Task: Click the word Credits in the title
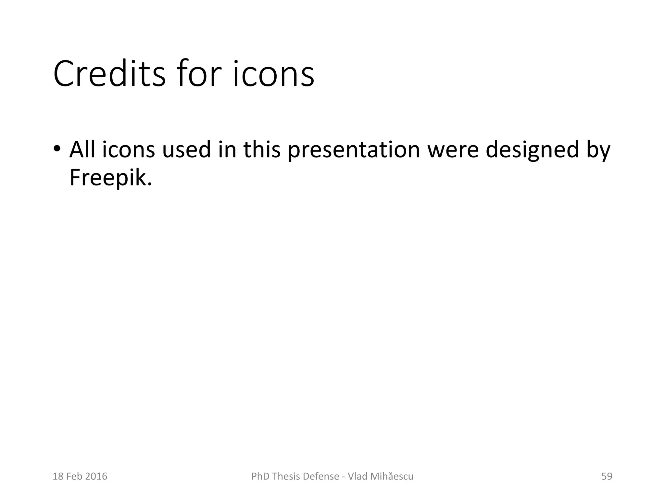(x=109, y=74)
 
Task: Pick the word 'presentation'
(x=354, y=150)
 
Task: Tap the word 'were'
(x=453, y=150)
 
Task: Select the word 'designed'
(x=533, y=150)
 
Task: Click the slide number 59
(x=607, y=476)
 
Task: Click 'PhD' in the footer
(x=260, y=476)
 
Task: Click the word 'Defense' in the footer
(x=323, y=476)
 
